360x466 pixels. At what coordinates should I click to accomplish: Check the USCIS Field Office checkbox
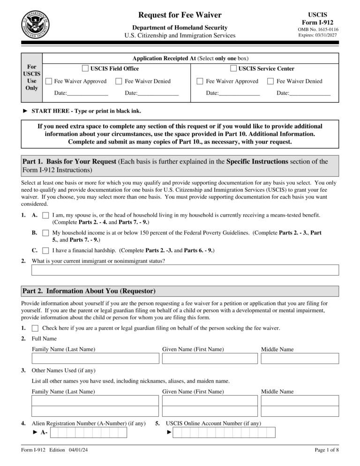[85, 68]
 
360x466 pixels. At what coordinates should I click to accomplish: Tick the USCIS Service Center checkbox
[233, 68]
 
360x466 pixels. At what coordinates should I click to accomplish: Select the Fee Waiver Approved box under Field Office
[49, 81]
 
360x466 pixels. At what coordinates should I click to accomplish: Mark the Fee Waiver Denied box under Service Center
[270, 81]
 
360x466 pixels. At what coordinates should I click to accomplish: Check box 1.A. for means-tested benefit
[45, 215]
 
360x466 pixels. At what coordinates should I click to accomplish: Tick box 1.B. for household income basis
[45, 233]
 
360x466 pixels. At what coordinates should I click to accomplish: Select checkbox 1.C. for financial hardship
[45, 250]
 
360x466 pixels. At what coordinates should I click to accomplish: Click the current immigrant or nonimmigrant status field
[185, 270]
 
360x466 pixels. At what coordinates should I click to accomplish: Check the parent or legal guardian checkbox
[35, 328]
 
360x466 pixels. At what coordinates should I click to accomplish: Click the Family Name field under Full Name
[95, 359]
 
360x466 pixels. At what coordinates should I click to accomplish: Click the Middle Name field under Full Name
[300, 359]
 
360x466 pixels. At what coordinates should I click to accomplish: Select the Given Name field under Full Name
[210, 359]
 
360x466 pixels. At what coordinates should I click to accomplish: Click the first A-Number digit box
[54, 432]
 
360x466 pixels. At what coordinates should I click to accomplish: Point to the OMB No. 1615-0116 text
[318, 29]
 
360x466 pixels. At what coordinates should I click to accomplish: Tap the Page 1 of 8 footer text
[327, 451]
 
